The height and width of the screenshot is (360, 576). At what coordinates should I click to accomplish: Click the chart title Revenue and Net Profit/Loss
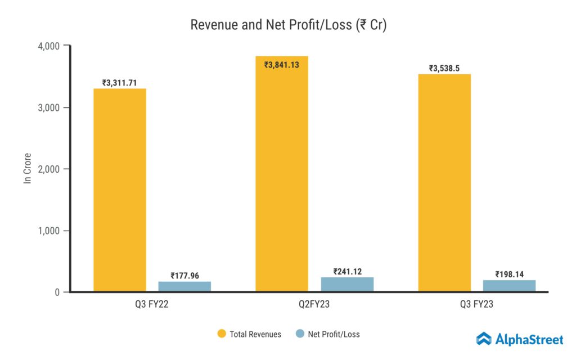point(288,25)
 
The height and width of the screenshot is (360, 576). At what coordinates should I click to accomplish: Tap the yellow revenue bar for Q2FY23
point(282,174)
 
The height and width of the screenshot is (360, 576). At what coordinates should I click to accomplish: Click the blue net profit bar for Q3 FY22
point(184,286)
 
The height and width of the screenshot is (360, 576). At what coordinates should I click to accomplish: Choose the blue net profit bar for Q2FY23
point(347,284)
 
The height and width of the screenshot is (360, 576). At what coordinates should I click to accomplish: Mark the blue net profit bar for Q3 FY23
point(509,286)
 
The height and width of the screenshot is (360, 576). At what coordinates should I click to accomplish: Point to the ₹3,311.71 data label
point(120,83)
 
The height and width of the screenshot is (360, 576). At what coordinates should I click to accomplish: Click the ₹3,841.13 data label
point(282,65)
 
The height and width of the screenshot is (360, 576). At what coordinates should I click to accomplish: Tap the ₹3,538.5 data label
point(444,68)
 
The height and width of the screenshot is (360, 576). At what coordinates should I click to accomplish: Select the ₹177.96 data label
point(184,276)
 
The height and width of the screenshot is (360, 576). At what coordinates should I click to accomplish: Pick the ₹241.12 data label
point(347,272)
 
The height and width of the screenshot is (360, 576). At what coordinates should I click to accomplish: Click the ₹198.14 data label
point(509,274)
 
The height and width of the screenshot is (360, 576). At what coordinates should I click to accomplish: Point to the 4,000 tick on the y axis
point(49,46)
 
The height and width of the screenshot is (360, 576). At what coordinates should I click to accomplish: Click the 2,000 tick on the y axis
point(49,169)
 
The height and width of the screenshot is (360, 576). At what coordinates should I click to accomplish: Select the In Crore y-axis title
point(26,168)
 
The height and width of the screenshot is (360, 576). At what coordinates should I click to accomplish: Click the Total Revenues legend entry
point(249,334)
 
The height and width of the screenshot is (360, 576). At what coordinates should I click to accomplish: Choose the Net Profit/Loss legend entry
point(327,334)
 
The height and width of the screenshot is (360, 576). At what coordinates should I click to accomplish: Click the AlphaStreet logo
point(519,339)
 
